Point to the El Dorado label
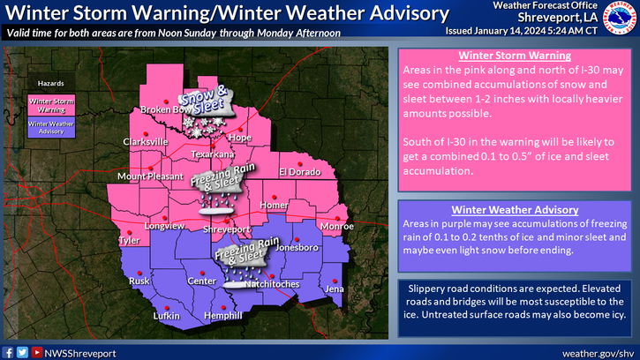(297, 171)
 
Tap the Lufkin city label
(141, 315)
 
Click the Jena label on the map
(334, 289)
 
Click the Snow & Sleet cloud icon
(205, 105)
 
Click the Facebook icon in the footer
(8, 351)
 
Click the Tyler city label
(130, 240)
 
